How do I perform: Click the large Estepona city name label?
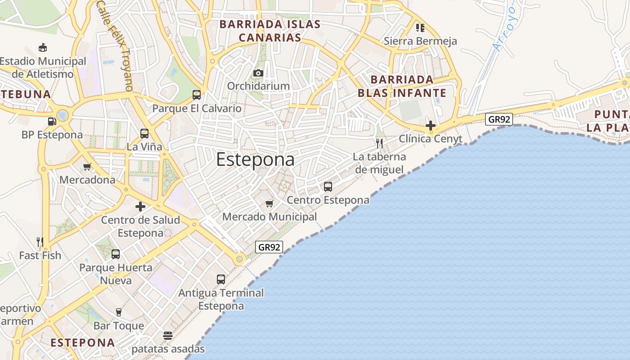point(255,160)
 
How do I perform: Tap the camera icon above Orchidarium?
point(258,73)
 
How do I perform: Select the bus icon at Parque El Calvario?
point(197,94)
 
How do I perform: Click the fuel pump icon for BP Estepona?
point(52,121)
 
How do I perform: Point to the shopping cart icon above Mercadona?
point(87,166)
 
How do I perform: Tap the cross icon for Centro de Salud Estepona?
point(140,207)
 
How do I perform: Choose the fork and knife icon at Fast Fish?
point(40,242)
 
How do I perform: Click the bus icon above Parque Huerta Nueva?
point(116,254)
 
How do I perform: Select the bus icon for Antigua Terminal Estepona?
point(221,279)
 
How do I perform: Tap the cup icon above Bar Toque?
point(119,312)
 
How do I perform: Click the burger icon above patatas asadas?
point(168,336)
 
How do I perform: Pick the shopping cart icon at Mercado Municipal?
point(270,203)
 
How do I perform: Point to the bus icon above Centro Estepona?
point(328,186)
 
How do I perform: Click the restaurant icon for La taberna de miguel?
point(379,144)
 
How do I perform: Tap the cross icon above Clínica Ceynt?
point(431,125)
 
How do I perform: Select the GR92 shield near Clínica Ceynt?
point(499,119)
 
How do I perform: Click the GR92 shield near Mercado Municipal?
point(269,247)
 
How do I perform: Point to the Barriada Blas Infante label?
point(402,86)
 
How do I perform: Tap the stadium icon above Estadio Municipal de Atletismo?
point(43,47)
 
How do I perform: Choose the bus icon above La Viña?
point(144,133)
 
